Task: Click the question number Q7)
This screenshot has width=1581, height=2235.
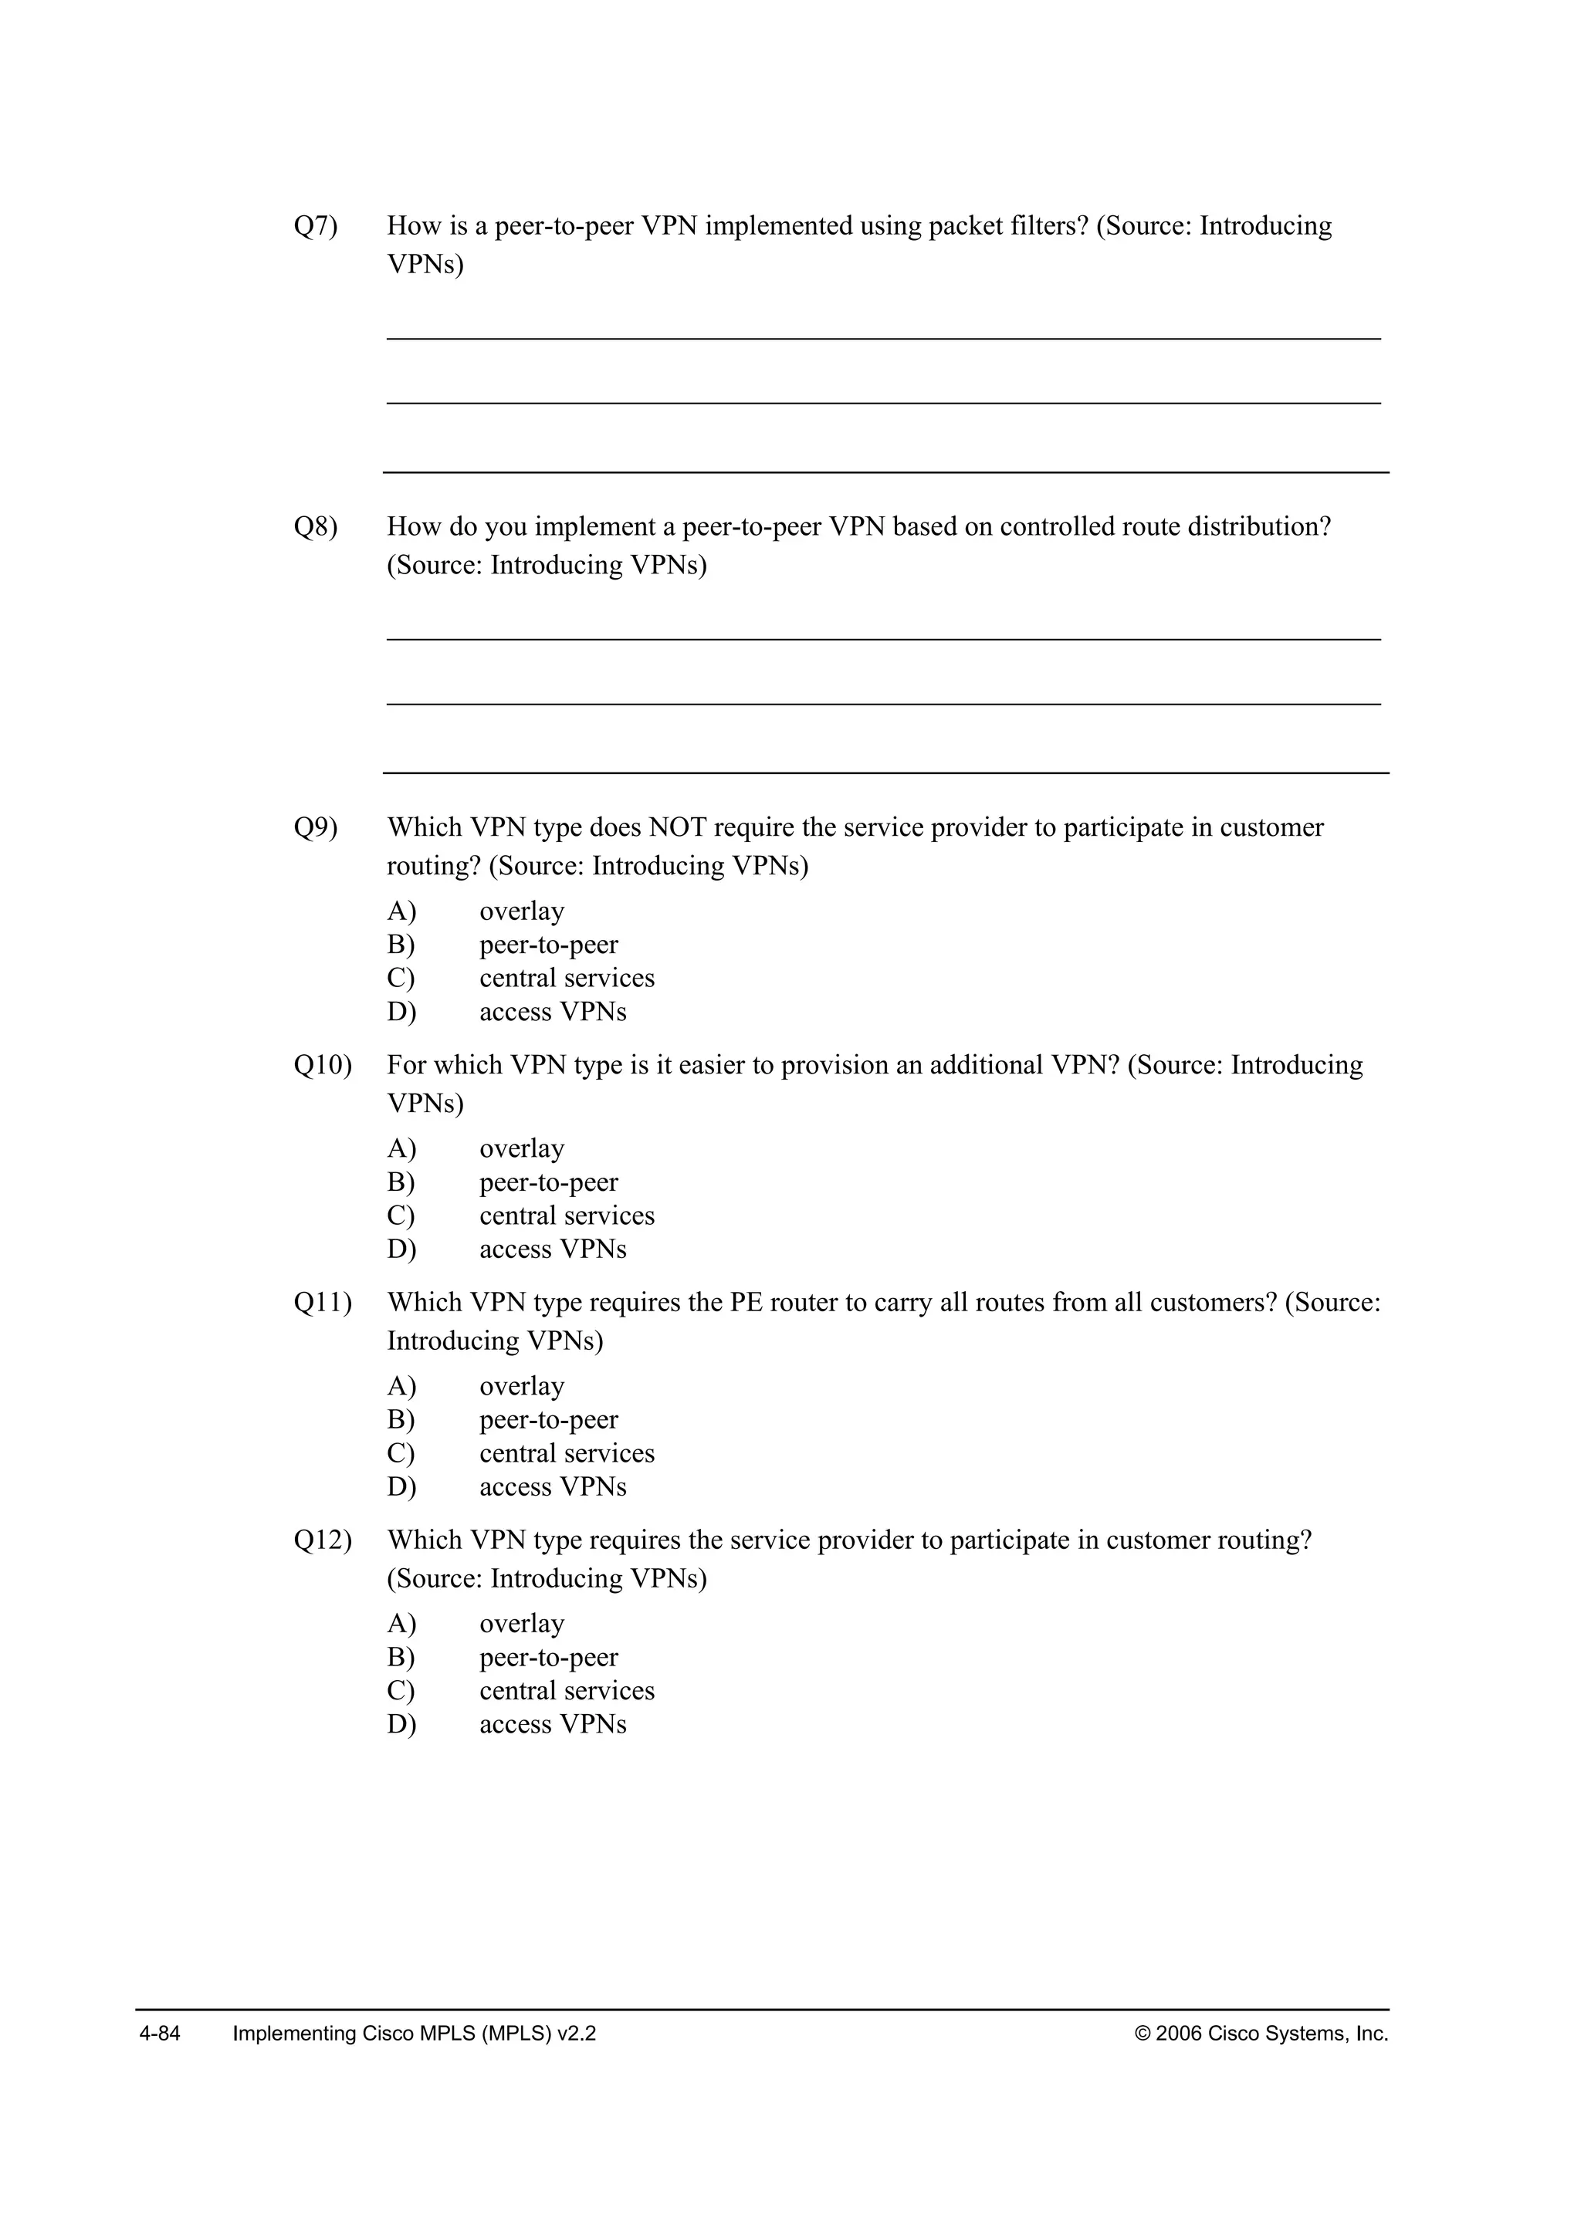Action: click(316, 227)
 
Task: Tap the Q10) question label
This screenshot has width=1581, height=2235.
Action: click(322, 1066)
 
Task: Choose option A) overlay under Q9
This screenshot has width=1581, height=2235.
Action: click(521, 912)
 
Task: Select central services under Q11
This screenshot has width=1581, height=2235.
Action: click(567, 1453)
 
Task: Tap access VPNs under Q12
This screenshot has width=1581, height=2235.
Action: click(552, 1725)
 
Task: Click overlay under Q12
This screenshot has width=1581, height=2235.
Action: click(521, 1625)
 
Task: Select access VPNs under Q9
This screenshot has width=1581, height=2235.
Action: click(552, 1013)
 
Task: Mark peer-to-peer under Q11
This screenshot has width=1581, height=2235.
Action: click(548, 1420)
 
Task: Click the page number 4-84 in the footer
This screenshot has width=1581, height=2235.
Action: click(160, 2034)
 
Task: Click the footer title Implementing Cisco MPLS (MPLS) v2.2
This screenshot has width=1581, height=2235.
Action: click(414, 2034)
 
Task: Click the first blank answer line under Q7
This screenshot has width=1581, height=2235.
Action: click(883, 338)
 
